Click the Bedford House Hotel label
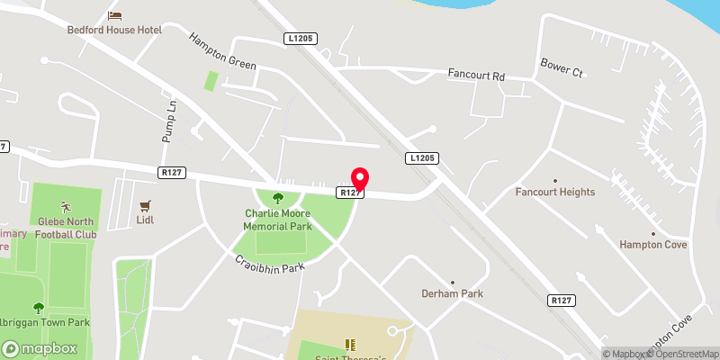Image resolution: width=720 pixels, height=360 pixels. click(113, 30)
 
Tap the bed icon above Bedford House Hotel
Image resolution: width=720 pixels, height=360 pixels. click(114, 15)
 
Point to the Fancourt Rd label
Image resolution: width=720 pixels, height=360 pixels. click(476, 75)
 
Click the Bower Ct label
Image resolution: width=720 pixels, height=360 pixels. click(562, 64)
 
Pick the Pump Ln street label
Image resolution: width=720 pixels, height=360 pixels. click(167, 118)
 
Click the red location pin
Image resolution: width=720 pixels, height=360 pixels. click(360, 178)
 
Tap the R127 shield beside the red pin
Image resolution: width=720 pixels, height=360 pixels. click(350, 193)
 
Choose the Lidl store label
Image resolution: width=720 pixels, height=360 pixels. click(145, 219)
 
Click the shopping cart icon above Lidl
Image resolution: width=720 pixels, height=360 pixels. click(145, 204)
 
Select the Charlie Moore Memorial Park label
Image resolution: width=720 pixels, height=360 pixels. click(277, 220)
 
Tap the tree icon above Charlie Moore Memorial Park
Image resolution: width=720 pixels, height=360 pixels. click(277, 198)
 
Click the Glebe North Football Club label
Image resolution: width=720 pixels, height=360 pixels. click(66, 229)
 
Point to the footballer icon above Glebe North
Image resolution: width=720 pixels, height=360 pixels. click(65, 207)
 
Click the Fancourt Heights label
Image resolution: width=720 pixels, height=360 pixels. click(555, 193)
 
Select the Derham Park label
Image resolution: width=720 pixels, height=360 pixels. click(453, 293)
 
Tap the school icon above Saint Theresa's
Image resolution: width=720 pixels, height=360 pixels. click(349, 345)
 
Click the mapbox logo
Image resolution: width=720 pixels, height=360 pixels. click(39, 348)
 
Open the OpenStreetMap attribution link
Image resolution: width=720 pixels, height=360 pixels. click(688, 354)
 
